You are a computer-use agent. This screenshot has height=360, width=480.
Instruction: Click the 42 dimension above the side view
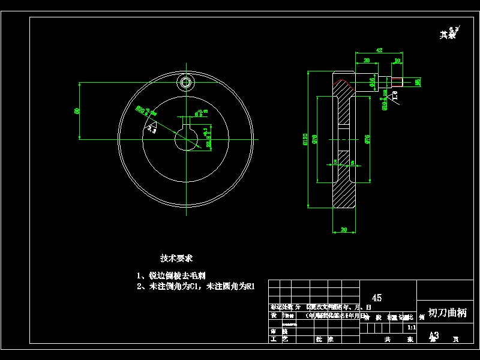coord(379,50)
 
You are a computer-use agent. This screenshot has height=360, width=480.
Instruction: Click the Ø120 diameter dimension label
coord(306,139)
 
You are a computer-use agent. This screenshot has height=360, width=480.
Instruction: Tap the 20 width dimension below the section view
coord(344,229)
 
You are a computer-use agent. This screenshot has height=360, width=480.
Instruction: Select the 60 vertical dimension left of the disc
coord(77,111)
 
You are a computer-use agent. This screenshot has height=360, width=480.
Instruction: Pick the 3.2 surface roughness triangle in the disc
coord(151,127)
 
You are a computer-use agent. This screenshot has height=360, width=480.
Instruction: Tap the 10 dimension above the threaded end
coord(397,61)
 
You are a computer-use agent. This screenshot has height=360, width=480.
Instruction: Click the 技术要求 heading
coord(176,259)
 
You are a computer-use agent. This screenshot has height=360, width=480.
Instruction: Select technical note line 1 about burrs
coord(172,276)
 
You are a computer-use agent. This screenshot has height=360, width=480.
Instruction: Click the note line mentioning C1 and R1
coord(196,287)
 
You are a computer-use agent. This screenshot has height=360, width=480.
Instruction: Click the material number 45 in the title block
coord(377,298)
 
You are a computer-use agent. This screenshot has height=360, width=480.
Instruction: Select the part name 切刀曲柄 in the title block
coord(448,313)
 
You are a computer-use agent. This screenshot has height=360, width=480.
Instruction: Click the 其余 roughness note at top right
coord(448,34)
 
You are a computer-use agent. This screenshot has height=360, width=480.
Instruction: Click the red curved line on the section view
coord(343,81)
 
